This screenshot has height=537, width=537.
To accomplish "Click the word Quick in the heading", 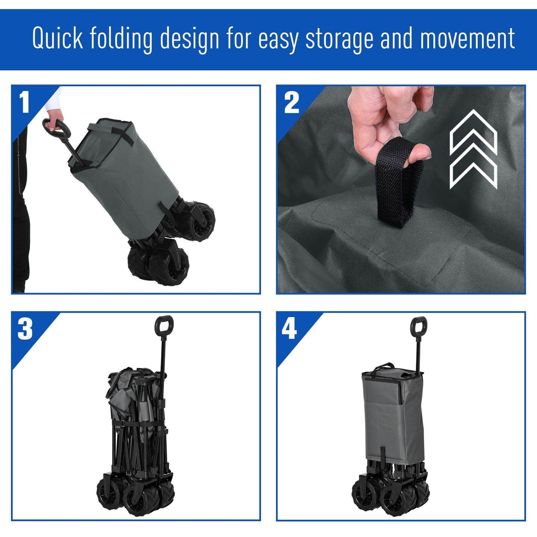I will tap(58, 38).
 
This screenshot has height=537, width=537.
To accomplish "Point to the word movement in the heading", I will tap(467, 38).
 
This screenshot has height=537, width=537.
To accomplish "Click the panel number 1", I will tap(25, 102).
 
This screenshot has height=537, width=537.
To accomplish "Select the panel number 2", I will tap(291, 103).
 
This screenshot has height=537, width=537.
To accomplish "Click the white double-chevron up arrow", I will tap(473, 149).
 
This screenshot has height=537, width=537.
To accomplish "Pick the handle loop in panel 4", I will tap(418, 326).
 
